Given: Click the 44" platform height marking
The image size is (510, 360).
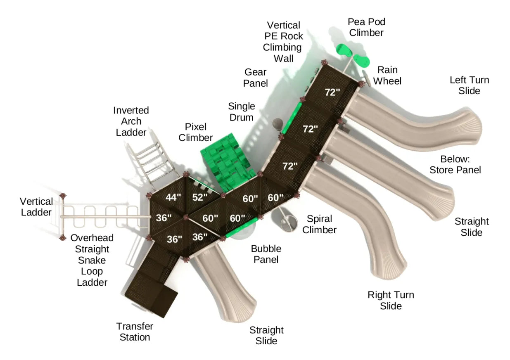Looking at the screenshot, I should (x=173, y=197).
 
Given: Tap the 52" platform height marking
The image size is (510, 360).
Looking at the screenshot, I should (x=200, y=197).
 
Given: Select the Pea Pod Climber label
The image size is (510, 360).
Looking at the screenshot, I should (x=366, y=27).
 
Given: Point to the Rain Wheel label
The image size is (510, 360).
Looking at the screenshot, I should (x=387, y=75).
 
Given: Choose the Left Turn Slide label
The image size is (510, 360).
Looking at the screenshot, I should (x=469, y=85).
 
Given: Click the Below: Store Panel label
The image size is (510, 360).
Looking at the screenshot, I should (x=455, y=164).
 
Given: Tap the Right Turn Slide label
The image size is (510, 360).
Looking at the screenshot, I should (x=391, y=300).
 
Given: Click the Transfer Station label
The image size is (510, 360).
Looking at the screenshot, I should (x=135, y=332).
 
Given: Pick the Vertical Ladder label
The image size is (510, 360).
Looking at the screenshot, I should (x=36, y=207).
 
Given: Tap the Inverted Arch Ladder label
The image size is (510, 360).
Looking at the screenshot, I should (x=131, y=121).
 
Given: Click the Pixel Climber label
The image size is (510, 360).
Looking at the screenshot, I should (x=196, y=132).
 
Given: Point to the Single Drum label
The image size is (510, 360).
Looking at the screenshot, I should (x=241, y=111).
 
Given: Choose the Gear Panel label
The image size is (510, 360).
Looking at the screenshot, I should (x=255, y=78).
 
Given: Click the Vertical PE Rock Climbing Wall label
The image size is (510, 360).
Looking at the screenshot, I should (x=284, y=42).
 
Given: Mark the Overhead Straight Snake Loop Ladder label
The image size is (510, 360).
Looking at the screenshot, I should (x=92, y=260).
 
